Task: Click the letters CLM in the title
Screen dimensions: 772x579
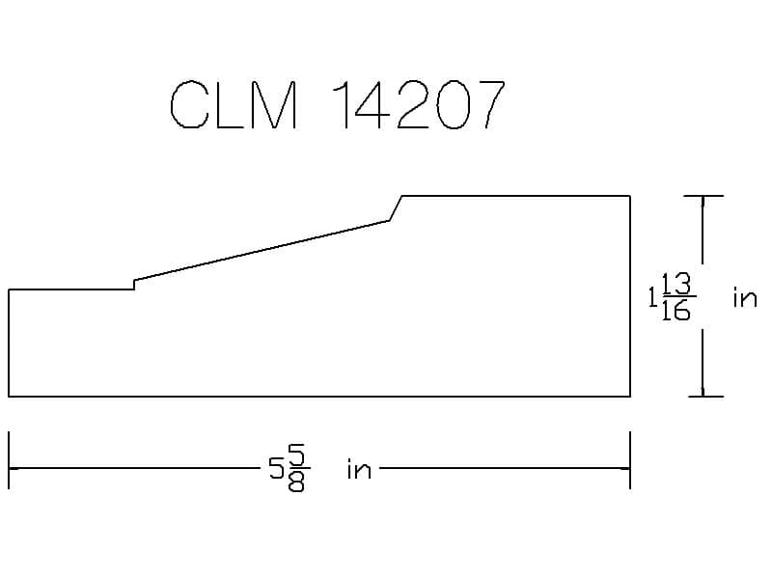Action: [234, 104]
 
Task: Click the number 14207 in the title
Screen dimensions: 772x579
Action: [419, 104]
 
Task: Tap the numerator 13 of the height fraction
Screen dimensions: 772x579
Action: [676, 284]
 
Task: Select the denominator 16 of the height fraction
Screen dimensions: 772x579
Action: [676, 310]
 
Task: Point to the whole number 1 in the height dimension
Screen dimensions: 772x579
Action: [653, 297]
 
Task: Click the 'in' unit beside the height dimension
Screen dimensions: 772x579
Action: [745, 297]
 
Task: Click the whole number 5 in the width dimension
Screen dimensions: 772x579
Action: [277, 468]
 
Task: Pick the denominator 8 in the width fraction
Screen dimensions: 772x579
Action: [296, 482]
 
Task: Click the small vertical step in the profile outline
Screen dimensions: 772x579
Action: [134, 285]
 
